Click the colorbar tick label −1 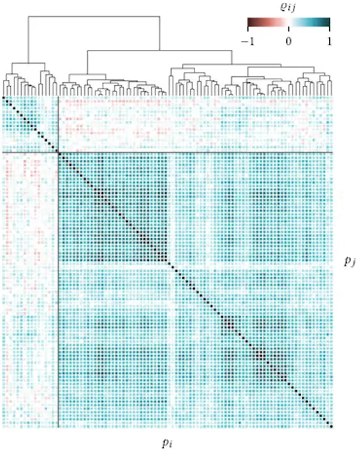coord(248,41)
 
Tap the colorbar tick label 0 coord(289,41)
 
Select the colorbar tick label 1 coord(329,41)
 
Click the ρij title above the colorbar coord(288,7)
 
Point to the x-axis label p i coord(167,443)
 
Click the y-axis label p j coord(350,261)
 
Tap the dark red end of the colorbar coord(250,22)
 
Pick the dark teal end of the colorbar coord(328,22)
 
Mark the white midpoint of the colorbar coord(289,22)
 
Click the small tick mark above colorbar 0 coord(289,28)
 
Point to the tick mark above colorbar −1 coord(248,28)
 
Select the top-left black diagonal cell coord(4,98)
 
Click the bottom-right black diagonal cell coord(331,426)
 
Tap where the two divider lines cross coord(58,153)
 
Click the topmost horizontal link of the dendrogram coord(94,16)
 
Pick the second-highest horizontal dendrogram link coord(160,50)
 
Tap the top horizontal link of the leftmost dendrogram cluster coord(28,63)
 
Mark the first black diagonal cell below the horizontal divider coord(60,154)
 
